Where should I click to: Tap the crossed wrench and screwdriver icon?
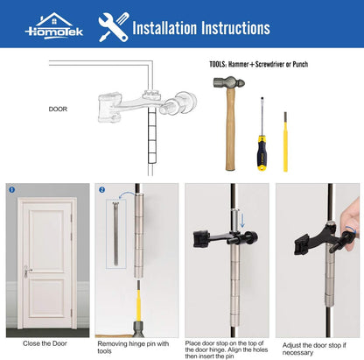(x=111, y=27)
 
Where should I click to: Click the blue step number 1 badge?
(x=11, y=188)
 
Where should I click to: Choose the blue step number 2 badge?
(x=101, y=188)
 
